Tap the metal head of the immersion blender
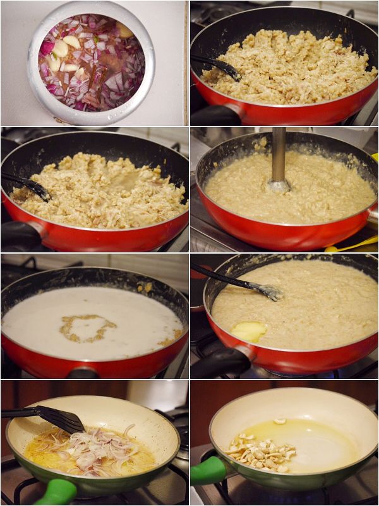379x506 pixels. (278, 185)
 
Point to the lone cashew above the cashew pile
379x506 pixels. (279, 421)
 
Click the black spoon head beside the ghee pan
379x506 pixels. (268, 292)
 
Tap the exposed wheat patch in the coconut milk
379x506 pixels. (88, 328)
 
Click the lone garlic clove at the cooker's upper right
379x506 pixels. (125, 30)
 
